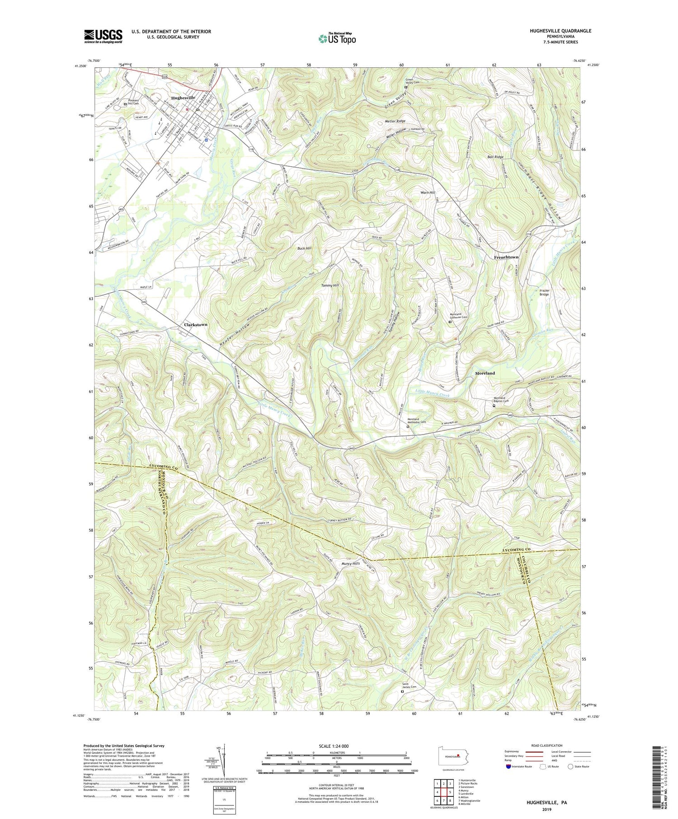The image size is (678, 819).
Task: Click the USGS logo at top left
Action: [x=103, y=36]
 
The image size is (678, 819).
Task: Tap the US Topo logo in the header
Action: [x=337, y=38]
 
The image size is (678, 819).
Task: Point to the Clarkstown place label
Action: [x=195, y=325]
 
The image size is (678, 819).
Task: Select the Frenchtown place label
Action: [x=506, y=257]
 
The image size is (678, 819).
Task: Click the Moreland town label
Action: [x=485, y=373]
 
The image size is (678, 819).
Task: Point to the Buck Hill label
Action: [x=303, y=248]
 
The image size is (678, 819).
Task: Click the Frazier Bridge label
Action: [x=544, y=292]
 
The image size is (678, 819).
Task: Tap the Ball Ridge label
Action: [x=495, y=157]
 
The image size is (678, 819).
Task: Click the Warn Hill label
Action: [x=428, y=192]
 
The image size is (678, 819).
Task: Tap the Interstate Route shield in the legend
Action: [x=509, y=766]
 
